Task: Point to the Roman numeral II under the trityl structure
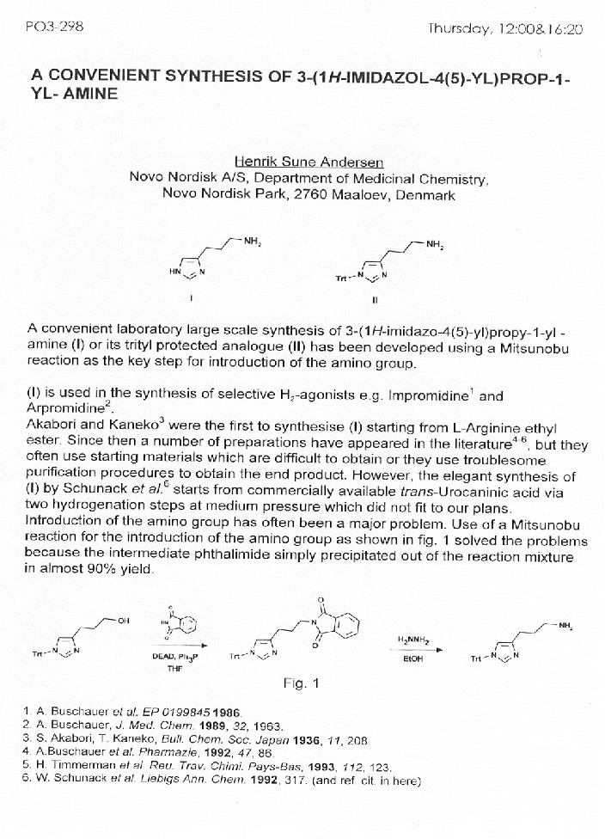click(374, 300)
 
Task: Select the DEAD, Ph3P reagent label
click(170, 657)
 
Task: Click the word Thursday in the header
click(460, 28)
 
